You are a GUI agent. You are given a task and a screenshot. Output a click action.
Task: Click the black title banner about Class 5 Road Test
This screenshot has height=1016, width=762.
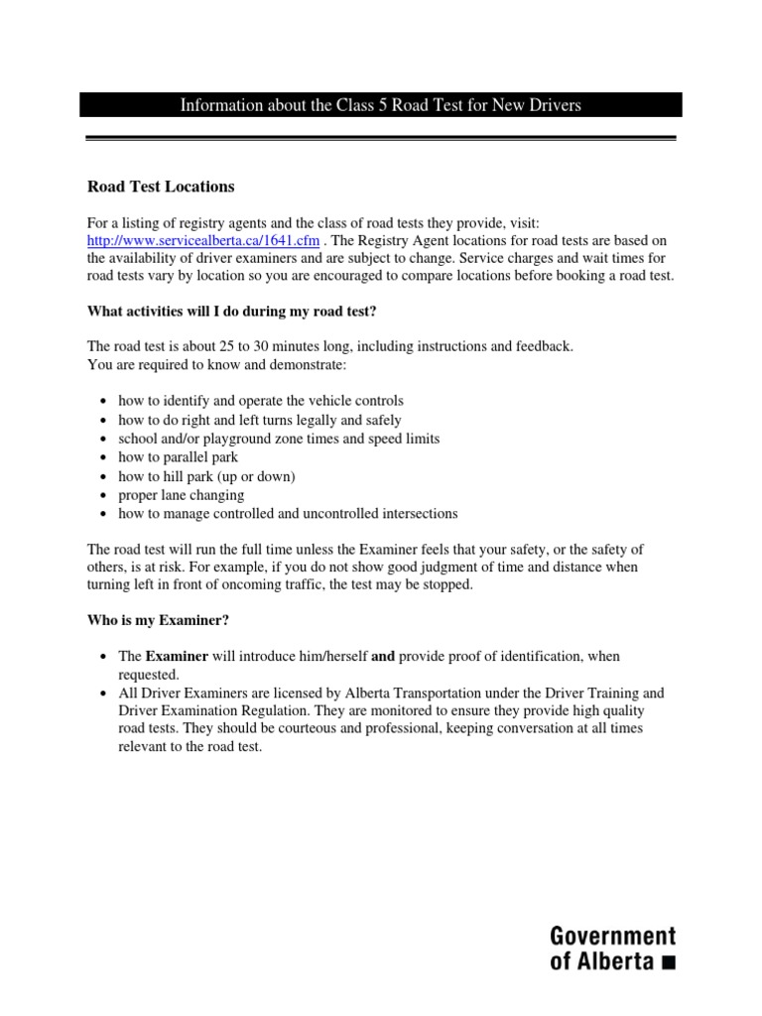381,105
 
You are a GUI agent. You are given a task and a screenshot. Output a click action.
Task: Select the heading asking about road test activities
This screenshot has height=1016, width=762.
232,312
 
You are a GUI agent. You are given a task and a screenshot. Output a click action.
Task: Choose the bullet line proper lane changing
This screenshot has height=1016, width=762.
181,495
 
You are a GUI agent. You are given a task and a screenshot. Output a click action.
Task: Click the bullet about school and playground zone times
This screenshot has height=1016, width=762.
278,439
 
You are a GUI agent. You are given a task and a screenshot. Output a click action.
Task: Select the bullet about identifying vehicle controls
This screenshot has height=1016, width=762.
260,401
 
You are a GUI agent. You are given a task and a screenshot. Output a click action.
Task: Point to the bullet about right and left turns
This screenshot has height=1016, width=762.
259,420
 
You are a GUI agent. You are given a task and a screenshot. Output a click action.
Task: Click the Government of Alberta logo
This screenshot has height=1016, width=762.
612,947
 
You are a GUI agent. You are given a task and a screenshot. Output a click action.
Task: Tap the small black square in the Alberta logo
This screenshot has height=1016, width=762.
668,960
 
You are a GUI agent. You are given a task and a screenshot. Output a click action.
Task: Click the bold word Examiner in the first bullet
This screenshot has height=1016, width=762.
178,657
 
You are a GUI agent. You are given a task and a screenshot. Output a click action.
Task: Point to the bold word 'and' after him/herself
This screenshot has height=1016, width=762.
383,657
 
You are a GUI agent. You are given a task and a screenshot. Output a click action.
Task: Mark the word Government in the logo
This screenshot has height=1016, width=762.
612,935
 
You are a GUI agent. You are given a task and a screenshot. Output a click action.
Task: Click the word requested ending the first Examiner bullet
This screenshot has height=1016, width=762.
147,675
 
